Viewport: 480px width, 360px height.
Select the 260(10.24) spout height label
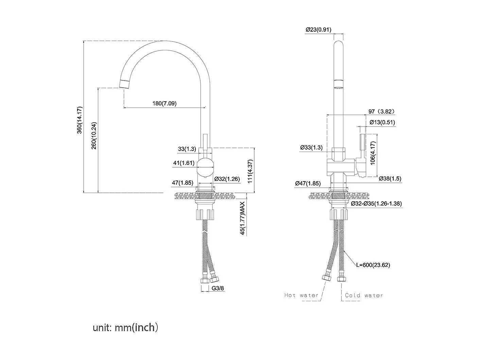point(94,135)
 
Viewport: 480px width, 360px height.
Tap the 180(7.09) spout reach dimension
point(164,103)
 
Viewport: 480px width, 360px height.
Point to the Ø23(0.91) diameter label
point(318,30)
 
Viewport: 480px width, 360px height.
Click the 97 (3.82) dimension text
point(381,112)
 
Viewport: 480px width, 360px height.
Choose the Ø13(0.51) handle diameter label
point(382,122)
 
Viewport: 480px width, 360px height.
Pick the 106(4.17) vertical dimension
point(373,155)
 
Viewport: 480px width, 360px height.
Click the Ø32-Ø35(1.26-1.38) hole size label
point(376,204)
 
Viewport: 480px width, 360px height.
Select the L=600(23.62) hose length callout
point(373,265)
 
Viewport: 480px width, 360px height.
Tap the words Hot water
point(301,295)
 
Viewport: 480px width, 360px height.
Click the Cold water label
point(364,295)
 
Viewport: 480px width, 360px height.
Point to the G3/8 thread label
point(218,288)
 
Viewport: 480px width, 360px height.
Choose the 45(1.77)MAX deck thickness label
point(242,218)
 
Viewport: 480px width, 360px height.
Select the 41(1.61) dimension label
point(184,163)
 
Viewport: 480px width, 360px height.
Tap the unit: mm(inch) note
point(125,328)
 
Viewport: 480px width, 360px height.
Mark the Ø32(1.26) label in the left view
point(227,178)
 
